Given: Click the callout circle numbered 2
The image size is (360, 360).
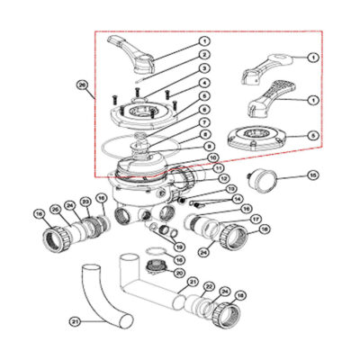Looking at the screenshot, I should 204,55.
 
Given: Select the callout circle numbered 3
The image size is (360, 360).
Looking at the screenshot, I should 204,68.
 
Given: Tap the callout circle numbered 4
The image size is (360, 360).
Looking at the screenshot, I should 204,83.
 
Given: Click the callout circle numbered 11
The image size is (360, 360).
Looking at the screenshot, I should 219,167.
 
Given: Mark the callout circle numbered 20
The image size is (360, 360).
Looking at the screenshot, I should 179,273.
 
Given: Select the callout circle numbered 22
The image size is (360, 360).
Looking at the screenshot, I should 209,286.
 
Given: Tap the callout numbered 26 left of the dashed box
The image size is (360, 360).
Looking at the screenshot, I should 83,86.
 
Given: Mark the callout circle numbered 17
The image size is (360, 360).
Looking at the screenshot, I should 255,219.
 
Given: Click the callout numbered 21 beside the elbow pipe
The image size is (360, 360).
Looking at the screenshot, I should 75,321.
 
